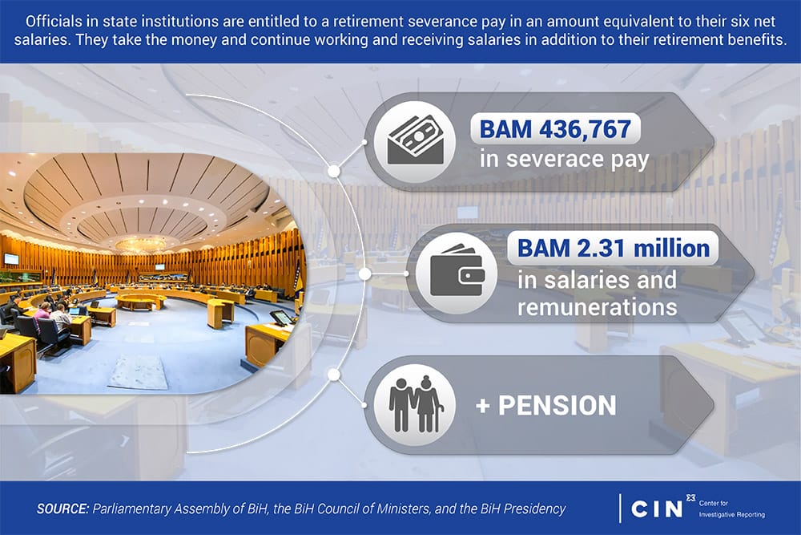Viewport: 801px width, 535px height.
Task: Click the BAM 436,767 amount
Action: click(x=555, y=129)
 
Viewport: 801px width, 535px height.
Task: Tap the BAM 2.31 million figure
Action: click(x=613, y=249)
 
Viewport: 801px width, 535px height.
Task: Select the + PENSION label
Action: click(x=545, y=405)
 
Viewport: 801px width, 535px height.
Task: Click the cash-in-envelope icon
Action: click(x=415, y=140)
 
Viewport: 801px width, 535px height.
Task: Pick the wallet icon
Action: click(x=457, y=272)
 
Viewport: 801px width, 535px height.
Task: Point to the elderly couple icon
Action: click(x=415, y=404)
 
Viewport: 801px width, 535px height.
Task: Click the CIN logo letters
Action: click(x=657, y=509)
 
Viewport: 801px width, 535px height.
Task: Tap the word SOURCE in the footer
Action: click(x=62, y=509)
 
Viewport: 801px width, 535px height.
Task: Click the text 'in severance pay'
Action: click(x=564, y=160)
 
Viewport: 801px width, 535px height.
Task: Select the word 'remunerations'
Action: click(x=598, y=307)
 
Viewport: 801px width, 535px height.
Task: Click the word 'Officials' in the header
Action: click(x=46, y=22)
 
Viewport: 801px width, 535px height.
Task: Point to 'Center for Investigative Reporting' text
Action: click(x=731, y=509)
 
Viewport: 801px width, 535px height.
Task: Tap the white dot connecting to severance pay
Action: click(x=333, y=171)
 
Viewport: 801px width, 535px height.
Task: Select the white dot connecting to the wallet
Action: click(x=364, y=274)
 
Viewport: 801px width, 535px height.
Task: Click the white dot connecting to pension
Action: click(x=333, y=375)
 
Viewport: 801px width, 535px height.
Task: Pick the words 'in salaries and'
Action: click(x=597, y=280)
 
